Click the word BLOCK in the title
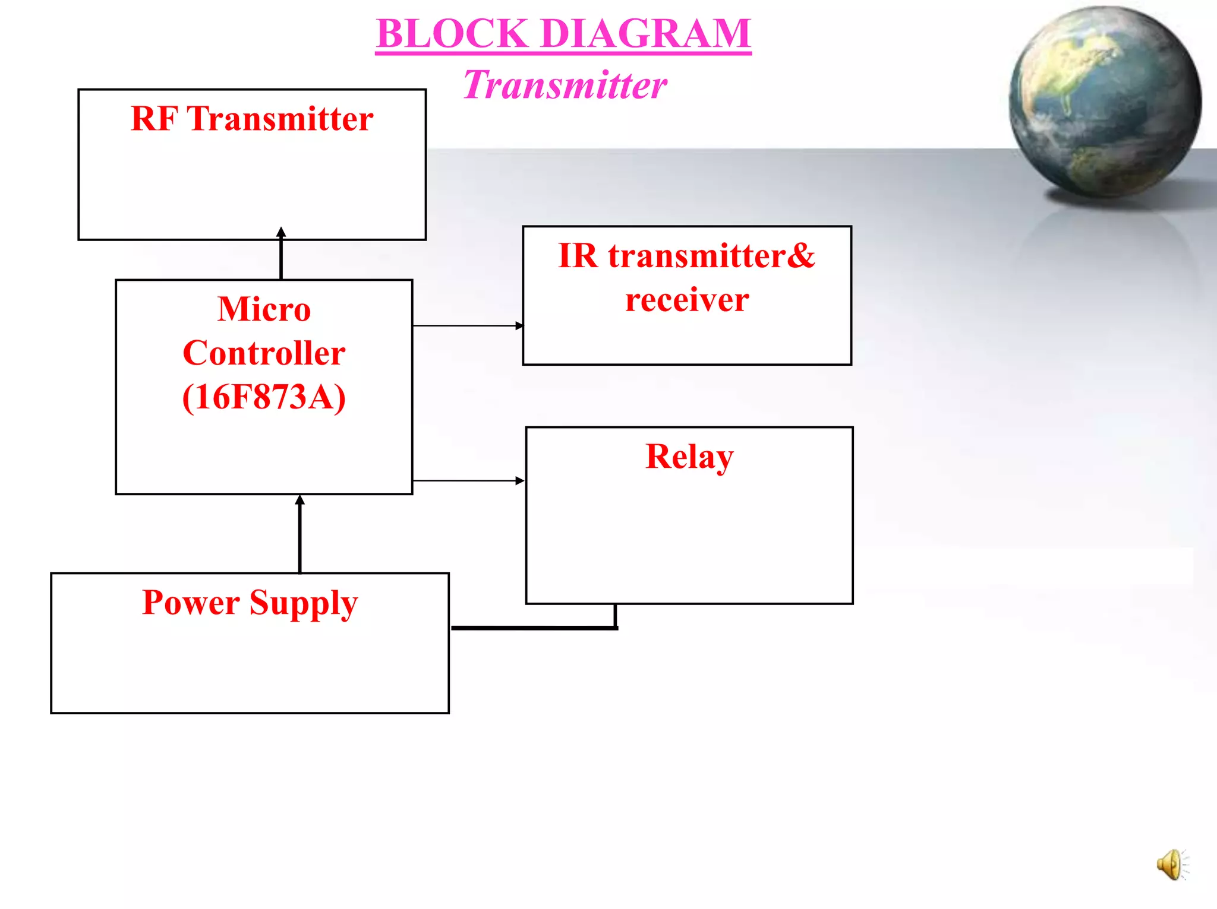coord(452,34)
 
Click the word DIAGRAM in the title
coord(646,34)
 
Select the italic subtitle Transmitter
coord(565,85)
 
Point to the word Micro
coord(264,309)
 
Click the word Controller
coord(264,353)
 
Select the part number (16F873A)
coord(264,397)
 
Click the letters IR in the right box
coord(578,256)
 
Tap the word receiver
coord(687,300)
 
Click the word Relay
coord(689,457)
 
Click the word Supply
coord(304,603)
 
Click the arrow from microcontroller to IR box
coord(467,325)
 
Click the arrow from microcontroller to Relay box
coord(467,480)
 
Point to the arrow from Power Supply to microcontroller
coord(299,534)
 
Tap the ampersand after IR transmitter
coord(802,256)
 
